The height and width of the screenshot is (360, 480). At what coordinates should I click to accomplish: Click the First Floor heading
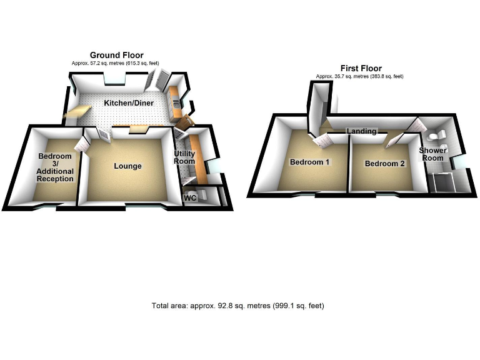pyautogui.click(x=361, y=68)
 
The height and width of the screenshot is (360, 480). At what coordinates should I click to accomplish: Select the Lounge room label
pyautogui.click(x=127, y=166)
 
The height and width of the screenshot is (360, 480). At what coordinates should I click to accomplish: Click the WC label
pyautogui.click(x=190, y=198)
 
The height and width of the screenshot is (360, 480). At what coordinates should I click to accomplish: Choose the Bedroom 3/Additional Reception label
pyautogui.click(x=56, y=167)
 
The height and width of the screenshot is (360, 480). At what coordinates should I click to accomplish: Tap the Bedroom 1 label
pyautogui.click(x=310, y=162)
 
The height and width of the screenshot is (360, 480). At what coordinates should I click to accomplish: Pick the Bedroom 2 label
pyautogui.click(x=384, y=164)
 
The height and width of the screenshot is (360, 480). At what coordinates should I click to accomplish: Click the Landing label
pyautogui.click(x=362, y=131)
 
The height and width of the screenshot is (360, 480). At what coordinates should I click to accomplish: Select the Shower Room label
pyautogui.click(x=432, y=154)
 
